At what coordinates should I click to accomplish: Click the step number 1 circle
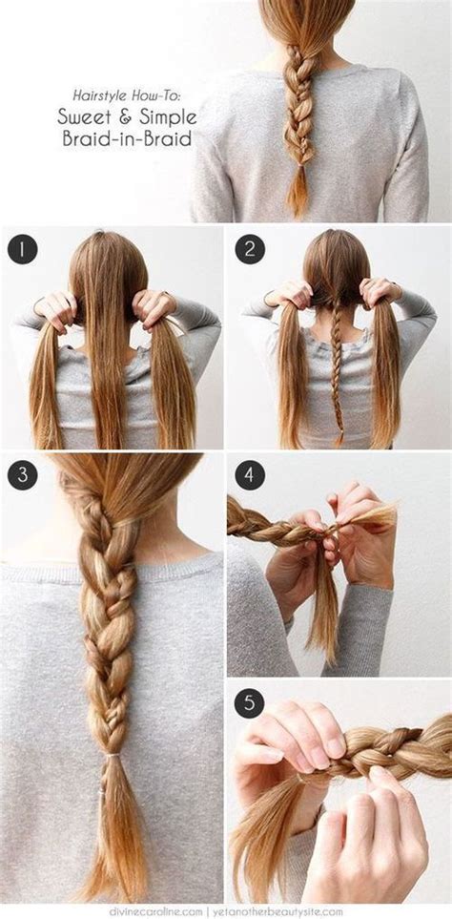[x=22, y=250]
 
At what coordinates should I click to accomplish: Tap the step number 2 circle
[x=250, y=250]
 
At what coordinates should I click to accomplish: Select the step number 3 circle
[x=22, y=475]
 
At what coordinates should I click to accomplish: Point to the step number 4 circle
[x=250, y=475]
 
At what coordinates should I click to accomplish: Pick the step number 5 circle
[x=250, y=704]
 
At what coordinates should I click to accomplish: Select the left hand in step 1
[x=55, y=307]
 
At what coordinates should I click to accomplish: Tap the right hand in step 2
[x=379, y=292]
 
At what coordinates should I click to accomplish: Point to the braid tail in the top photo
[x=298, y=196]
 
